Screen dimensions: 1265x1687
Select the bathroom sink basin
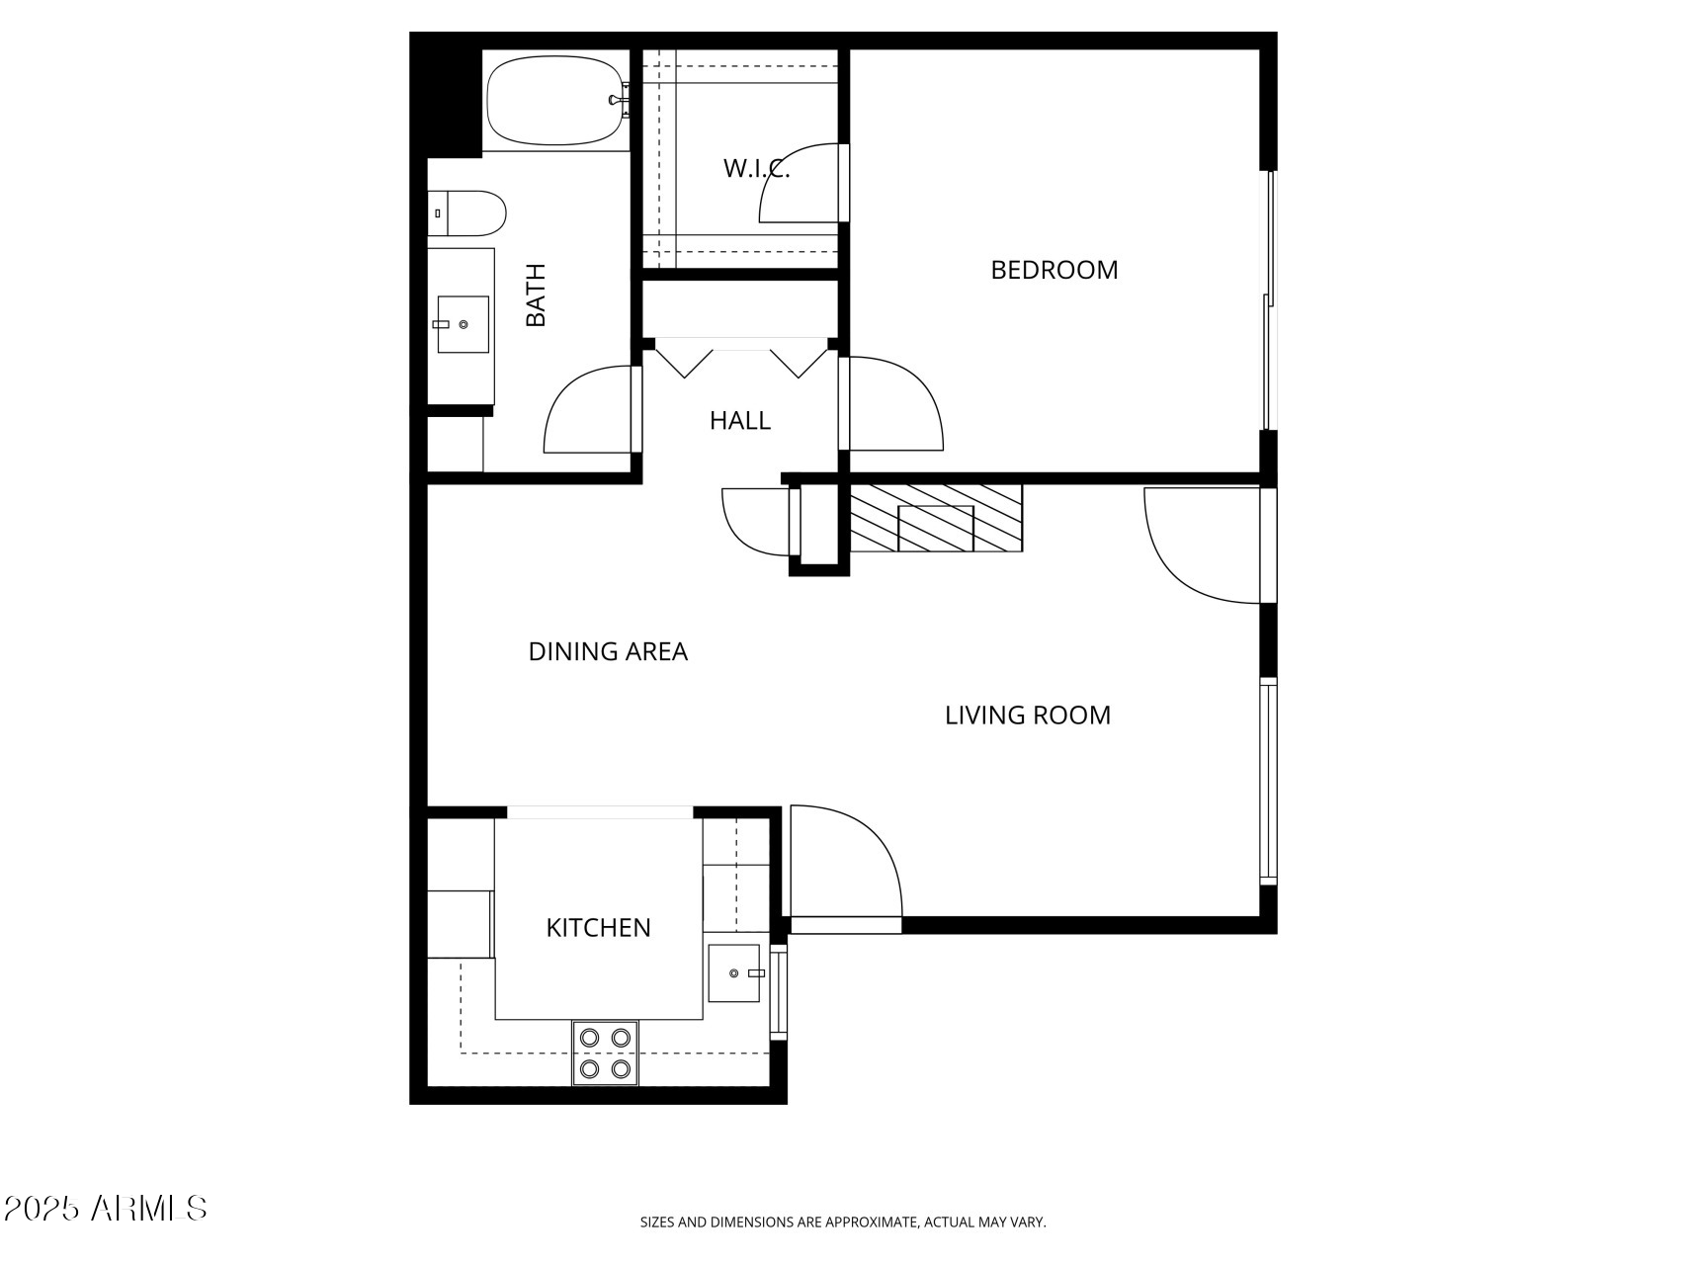tap(463, 324)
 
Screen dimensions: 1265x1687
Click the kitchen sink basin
tap(734, 973)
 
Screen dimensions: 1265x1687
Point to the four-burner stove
tap(605, 1053)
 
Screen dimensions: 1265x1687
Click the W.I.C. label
tap(756, 169)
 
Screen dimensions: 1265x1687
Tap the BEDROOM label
tap(1054, 270)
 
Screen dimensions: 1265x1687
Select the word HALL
tap(739, 421)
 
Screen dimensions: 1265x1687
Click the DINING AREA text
tap(608, 652)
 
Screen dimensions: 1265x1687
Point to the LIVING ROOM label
tap(1027, 716)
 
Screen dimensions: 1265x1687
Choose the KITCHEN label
tap(598, 928)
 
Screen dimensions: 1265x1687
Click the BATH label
tap(536, 295)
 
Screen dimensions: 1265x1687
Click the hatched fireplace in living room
tap(935, 517)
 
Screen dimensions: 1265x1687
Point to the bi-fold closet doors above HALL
tap(740, 358)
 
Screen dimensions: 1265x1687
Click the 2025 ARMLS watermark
tap(105, 1208)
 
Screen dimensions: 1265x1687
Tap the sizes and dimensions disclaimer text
tap(842, 1223)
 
